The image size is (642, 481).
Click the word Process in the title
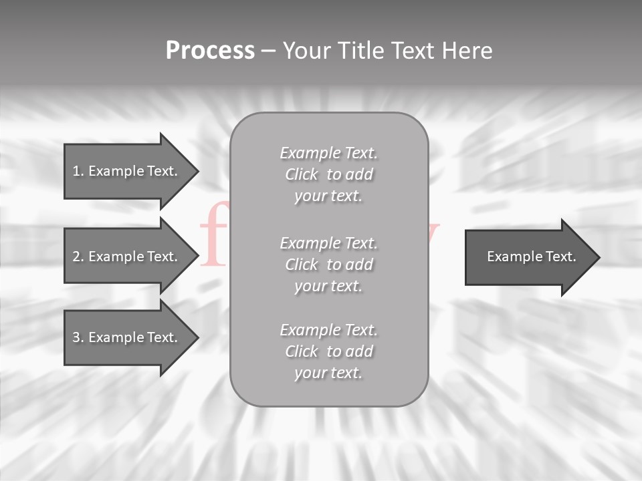[210, 51]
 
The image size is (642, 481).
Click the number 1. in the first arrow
[78, 171]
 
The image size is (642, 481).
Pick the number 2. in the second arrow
[78, 257]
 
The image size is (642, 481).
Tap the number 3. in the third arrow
[78, 337]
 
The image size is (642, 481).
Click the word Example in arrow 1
[116, 171]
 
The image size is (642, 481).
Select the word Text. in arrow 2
[163, 257]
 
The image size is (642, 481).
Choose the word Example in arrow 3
[116, 337]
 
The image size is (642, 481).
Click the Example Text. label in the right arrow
[531, 257]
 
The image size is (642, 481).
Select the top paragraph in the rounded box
[328, 174]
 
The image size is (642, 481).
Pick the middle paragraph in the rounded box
[328, 265]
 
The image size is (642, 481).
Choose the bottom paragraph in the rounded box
[328, 351]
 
